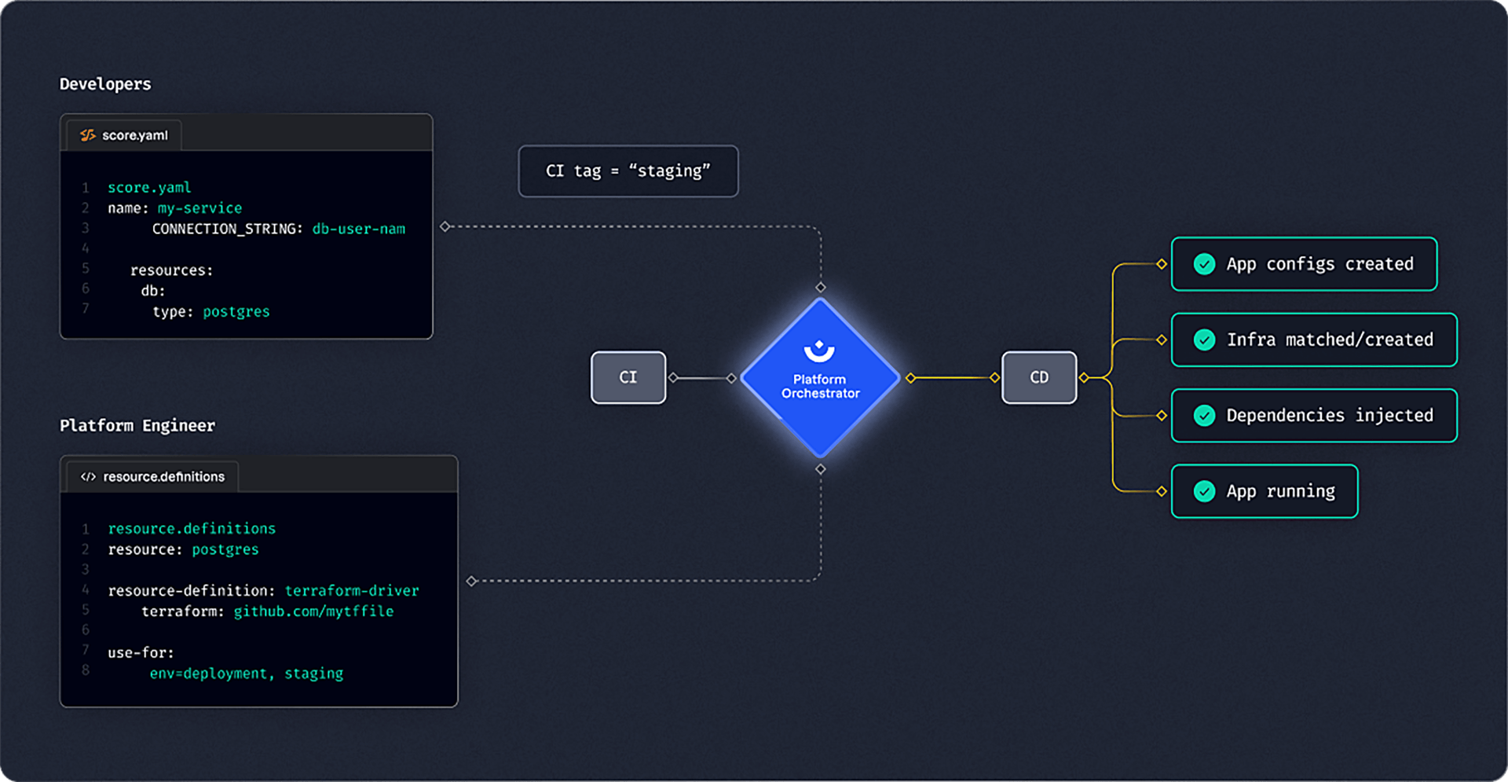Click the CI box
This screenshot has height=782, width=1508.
pyautogui.click(x=628, y=377)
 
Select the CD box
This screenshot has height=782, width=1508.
pyautogui.click(x=1039, y=377)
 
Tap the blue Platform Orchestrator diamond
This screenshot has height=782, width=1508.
pyautogui.click(x=820, y=378)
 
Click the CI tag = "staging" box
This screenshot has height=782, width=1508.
pyautogui.click(x=628, y=171)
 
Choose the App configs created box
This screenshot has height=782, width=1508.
pyautogui.click(x=1304, y=264)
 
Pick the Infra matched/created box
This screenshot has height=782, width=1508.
pyautogui.click(x=1314, y=340)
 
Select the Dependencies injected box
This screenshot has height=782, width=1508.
pyautogui.click(x=1314, y=415)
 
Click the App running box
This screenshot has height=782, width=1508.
pyautogui.click(x=1265, y=491)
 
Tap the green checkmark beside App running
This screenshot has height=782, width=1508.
pyautogui.click(x=1204, y=491)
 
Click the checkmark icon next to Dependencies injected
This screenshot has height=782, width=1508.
pyautogui.click(x=1204, y=415)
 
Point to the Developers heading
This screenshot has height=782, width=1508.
pyautogui.click(x=105, y=84)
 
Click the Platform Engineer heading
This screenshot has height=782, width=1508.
pyautogui.click(x=137, y=425)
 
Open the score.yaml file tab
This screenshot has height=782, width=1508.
pyautogui.click(x=124, y=135)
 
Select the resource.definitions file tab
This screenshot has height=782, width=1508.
pyautogui.click(x=152, y=476)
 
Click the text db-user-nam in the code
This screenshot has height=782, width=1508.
pyautogui.click(x=359, y=229)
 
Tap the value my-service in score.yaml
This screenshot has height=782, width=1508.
pyautogui.click(x=199, y=208)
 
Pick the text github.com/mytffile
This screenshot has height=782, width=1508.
pyautogui.click(x=313, y=611)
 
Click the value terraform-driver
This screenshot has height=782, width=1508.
pyautogui.click(x=352, y=590)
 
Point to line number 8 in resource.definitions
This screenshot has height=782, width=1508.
pyautogui.click(x=86, y=670)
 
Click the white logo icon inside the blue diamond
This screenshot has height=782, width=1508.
pyautogui.click(x=819, y=351)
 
